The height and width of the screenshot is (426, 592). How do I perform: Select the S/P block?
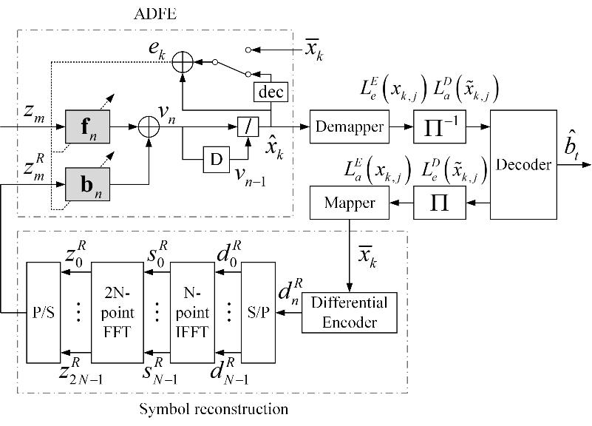[x=258, y=311]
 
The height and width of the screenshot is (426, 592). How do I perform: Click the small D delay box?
[x=217, y=158]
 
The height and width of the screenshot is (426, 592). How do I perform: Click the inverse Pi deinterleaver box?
[x=439, y=127]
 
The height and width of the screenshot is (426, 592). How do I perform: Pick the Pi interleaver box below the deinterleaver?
[x=439, y=201]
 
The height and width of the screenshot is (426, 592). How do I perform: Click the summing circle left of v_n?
[x=150, y=127]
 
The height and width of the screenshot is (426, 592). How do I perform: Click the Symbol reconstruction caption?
[x=214, y=408]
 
